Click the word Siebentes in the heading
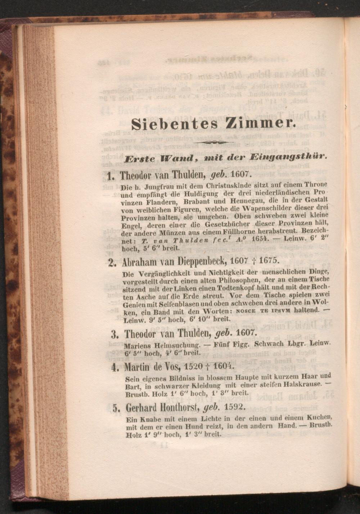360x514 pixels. pos(175,124)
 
